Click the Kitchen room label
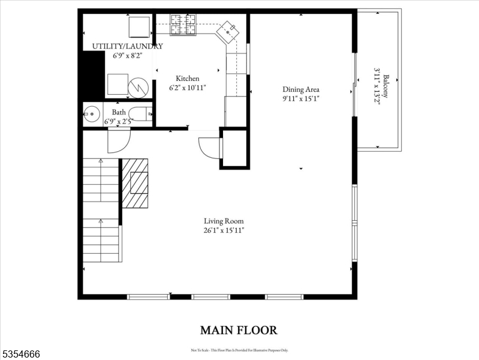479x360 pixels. pyautogui.click(x=187, y=79)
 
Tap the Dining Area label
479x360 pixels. pyautogui.click(x=301, y=89)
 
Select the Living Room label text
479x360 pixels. pyautogui.click(x=224, y=221)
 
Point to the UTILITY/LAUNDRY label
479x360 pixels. pyautogui.click(x=127, y=46)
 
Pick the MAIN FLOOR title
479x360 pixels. pyautogui.click(x=239, y=330)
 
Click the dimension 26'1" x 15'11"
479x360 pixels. pyautogui.click(x=224, y=230)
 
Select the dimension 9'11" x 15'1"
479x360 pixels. pyautogui.click(x=301, y=98)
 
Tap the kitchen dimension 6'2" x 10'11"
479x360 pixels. pyautogui.click(x=187, y=88)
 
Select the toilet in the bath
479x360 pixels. pyautogui.click(x=140, y=113)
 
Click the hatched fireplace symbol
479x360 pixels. pyautogui.click(x=135, y=182)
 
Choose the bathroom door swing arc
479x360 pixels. pyautogui.click(x=118, y=141)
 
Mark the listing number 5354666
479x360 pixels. pyautogui.click(x=20, y=354)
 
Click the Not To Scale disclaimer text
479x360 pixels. pyautogui.click(x=239, y=350)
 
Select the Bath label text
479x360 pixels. pyautogui.click(x=119, y=112)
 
